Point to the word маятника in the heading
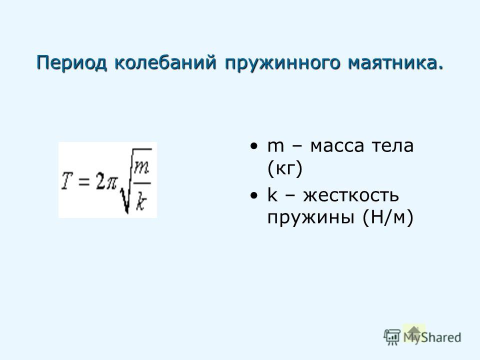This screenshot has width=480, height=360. click(x=393, y=62)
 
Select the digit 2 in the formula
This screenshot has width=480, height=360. click(x=99, y=180)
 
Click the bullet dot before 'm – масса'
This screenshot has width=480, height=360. click(x=253, y=146)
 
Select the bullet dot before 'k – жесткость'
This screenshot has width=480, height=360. click(x=253, y=195)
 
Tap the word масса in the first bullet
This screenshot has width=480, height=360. click(x=337, y=146)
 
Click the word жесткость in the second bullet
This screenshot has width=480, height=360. click(x=351, y=195)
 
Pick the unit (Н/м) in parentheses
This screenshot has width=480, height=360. click(x=387, y=218)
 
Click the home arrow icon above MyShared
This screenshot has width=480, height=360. click(x=414, y=332)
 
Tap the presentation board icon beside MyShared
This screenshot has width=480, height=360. click(x=392, y=337)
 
